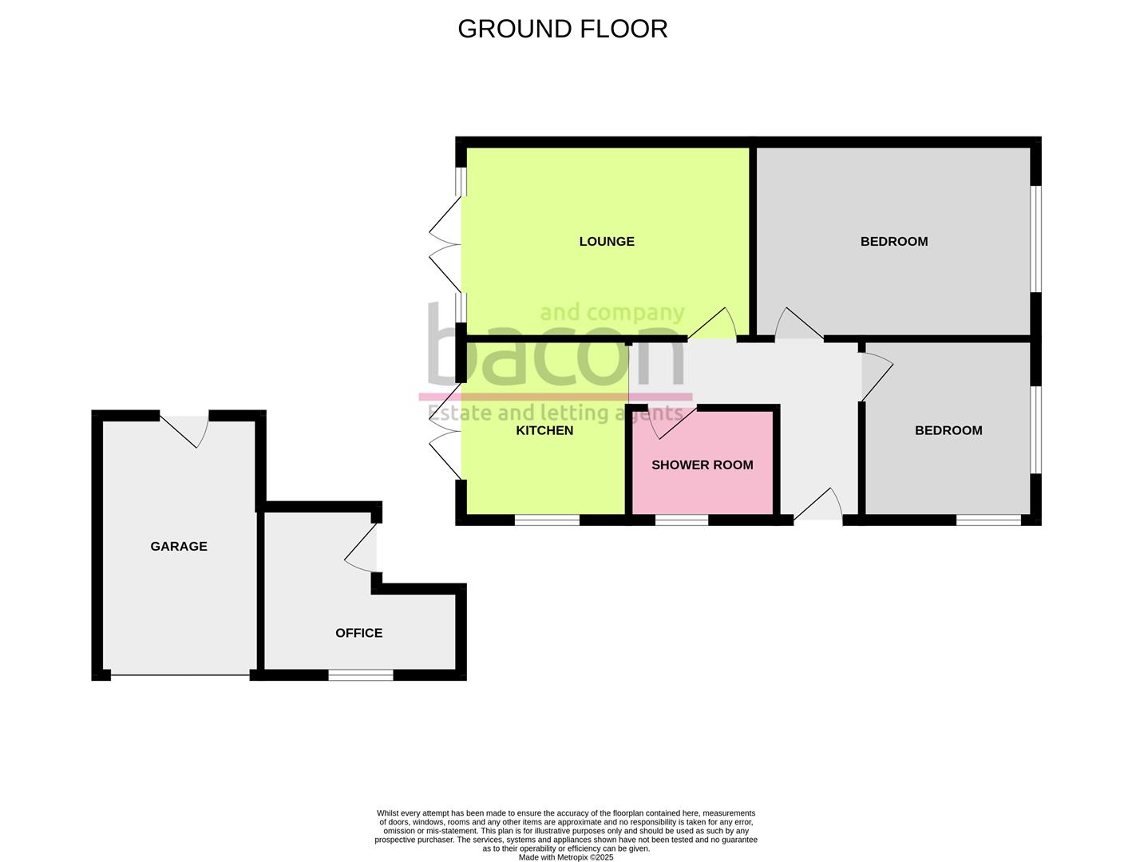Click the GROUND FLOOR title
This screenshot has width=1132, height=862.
coord(562,29)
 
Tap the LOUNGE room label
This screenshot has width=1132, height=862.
coord(607,241)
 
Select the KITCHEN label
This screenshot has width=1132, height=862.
coord(544,430)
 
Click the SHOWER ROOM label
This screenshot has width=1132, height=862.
coord(702,465)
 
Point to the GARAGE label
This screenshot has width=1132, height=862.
coord(179,546)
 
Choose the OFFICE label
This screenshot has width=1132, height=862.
coord(358,632)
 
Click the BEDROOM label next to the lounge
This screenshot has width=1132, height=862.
coord(893,241)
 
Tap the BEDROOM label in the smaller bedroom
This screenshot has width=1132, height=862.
coord(948,430)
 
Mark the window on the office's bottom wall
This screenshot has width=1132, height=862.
coord(361,675)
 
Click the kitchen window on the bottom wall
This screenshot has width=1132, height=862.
coord(547,520)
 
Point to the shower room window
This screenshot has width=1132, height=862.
coord(682,520)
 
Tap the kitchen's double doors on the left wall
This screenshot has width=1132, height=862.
coord(446,432)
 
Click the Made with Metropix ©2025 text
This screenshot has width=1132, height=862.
coord(566,857)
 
